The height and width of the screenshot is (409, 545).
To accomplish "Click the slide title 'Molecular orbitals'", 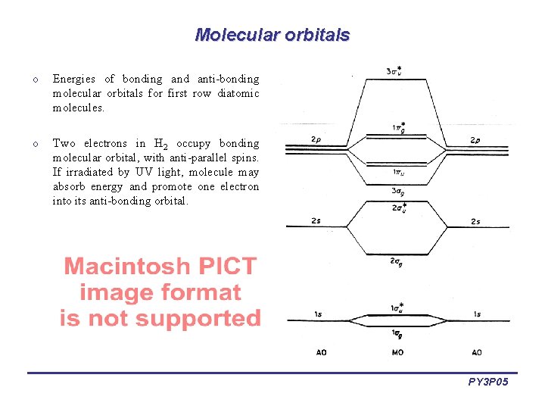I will pos(272,35).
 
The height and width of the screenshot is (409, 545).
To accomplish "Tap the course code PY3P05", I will pos(488,382).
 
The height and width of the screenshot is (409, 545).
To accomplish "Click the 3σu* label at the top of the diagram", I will pos(394,72).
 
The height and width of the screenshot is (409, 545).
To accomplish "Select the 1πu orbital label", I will pos(397,172).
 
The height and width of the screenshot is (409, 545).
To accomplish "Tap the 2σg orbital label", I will pos(396,261).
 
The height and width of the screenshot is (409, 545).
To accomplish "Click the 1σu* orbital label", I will pos(397,307).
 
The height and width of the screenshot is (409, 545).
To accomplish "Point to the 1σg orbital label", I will pos(397,333).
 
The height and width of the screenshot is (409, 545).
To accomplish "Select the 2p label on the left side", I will pos(316,140).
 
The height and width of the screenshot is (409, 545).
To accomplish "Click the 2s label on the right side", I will pos(475,221).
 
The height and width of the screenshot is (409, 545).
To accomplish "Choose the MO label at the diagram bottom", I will pos(397,352).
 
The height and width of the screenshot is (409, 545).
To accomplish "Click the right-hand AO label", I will pos(476,352).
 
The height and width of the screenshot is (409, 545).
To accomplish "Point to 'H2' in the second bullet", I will pos(160,144).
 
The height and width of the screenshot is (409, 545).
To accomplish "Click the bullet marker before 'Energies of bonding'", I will pos(35,80).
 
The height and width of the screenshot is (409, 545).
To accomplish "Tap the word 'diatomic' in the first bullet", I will pos(238,93).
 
